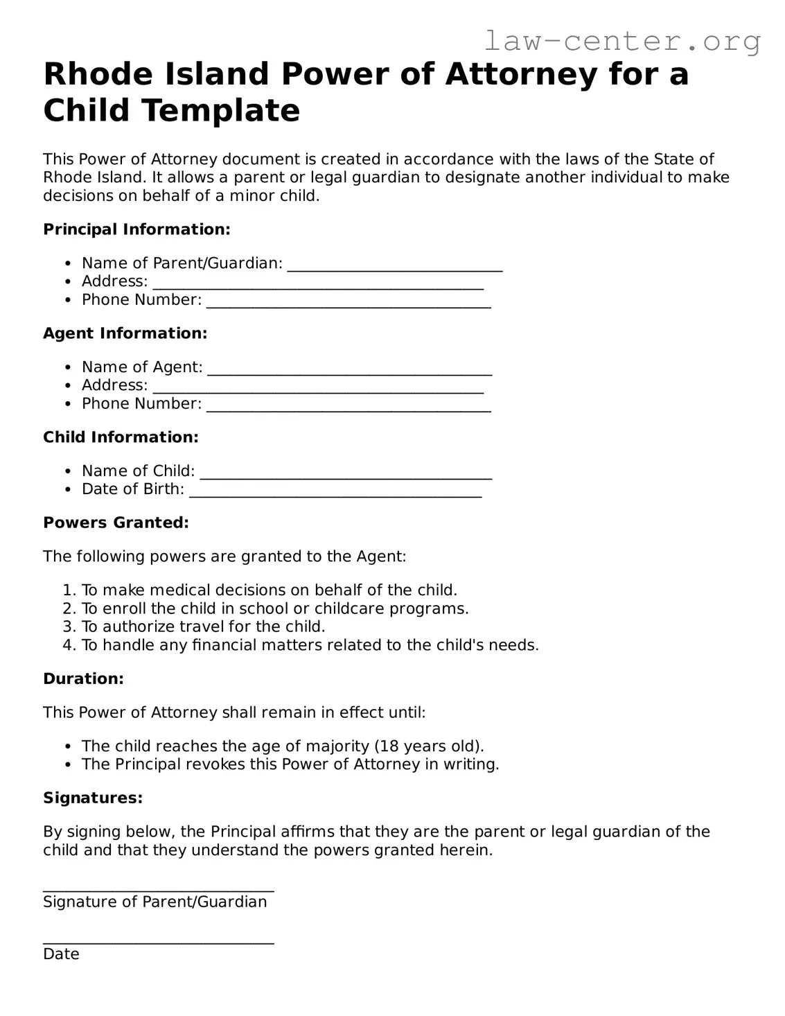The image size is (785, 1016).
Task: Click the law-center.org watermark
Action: [x=621, y=42]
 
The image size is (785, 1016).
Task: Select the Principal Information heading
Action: [x=136, y=229]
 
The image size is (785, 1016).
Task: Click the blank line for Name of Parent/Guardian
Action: [x=394, y=268]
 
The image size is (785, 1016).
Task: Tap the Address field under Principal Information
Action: [x=318, y=286]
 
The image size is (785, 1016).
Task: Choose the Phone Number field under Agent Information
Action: [x=349, y=408]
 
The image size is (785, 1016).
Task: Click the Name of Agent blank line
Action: [x=349, y=371]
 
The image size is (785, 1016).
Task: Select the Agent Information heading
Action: [x=125, y=333]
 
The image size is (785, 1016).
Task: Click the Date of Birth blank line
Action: [x=335, y=493]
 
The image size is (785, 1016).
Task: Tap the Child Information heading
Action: [x=121, y=437]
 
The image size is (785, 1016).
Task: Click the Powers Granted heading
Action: [x=116, y=523]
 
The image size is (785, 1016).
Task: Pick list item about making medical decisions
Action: [x=269, y=590]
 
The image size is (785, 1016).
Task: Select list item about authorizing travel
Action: [x=203, y=627]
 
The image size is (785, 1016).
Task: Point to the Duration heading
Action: [x=83, y=679]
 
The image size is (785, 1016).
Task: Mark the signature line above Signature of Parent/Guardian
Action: [x=159, y=889]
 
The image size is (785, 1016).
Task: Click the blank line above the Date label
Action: [x=159, y=941]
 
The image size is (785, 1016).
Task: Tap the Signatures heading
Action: [x=93, y=798]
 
